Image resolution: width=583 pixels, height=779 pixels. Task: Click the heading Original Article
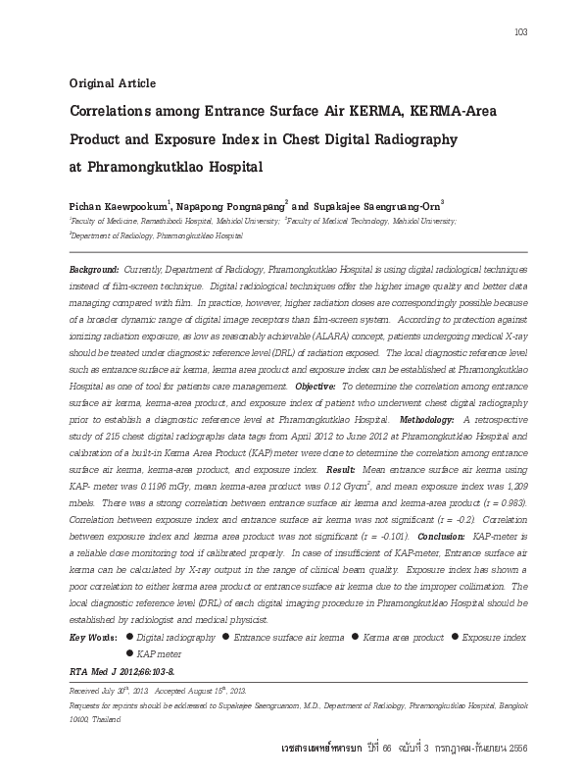click(113, 83)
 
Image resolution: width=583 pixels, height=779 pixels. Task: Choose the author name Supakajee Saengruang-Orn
click(376, 207)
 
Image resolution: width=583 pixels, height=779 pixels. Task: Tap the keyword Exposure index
click(494, 638)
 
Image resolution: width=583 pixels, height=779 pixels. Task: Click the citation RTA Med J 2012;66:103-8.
click(121, 672)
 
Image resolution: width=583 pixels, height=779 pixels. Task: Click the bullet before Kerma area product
click(355, 638)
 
